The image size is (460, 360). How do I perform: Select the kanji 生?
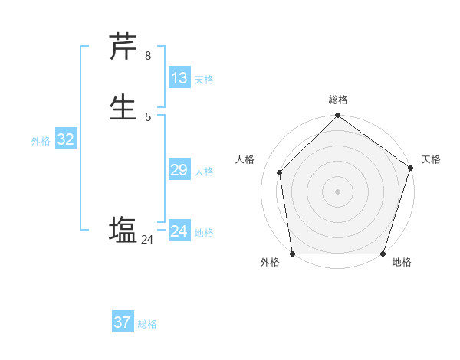click(123, 106)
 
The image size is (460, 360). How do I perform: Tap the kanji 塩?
click(123, 230)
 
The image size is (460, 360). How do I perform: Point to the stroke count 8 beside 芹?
click(148, 55)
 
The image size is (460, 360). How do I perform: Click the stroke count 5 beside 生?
click(148, 116)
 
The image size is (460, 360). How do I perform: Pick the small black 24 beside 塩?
click(147, 240)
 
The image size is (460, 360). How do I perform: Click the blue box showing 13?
click(179, 78)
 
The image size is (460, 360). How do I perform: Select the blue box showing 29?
click(179, 170)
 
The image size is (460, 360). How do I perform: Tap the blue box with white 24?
click(179, 231)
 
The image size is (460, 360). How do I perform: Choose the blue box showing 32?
click(65, 139)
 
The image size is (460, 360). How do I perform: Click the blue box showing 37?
click(122, 322)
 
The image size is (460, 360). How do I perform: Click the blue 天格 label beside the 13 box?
click(203, 80)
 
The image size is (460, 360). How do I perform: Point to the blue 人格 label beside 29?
click(203, 172)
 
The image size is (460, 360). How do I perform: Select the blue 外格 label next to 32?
click(41, 141)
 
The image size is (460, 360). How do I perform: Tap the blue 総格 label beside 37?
click(147, 324)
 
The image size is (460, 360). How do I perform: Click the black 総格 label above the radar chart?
click(337, 100)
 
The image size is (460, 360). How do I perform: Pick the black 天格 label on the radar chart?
click(431, 159)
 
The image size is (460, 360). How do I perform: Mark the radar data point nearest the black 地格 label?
click(383, 254)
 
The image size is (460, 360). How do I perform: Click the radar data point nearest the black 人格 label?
click(280, 172)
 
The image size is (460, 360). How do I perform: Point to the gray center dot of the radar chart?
click(337, 191)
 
